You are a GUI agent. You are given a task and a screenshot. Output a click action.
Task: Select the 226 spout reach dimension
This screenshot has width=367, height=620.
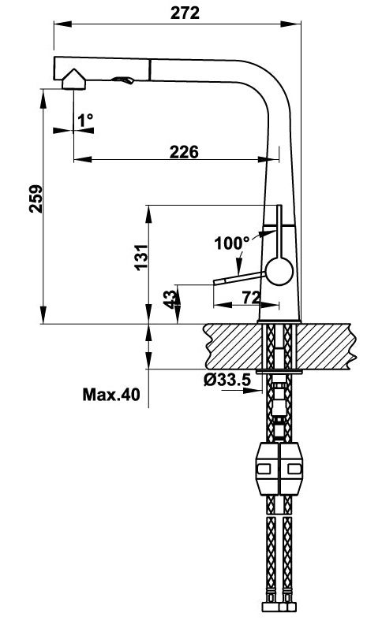pyautogui.click(x=183, y=152)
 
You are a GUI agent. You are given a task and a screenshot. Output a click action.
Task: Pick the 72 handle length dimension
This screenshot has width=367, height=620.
pyautogui.click(x=250, y=297)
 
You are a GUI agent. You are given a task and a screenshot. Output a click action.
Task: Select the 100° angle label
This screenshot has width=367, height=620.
pyautogui.click(x=231, y=243)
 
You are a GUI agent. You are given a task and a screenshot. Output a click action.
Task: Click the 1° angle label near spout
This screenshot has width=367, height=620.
pyautogui.click(x=85, y=120)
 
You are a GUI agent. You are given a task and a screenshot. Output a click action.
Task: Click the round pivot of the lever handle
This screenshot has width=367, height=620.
pyautogui.click(x=278, y=273)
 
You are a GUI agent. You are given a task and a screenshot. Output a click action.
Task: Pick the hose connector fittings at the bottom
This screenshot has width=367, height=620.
pyautogui.click(x=279, y=607)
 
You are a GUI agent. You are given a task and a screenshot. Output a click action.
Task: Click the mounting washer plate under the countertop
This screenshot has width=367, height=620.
pyautogui.click(x=279, y=369)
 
